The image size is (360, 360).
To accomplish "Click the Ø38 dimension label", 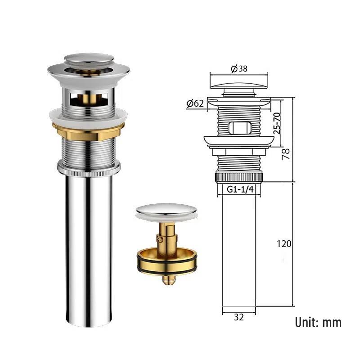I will pos(239,69).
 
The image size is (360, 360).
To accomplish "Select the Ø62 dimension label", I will pos(194,103).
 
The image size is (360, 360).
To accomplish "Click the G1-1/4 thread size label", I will pos(240,189).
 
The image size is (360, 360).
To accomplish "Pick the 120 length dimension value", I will pos(284,244).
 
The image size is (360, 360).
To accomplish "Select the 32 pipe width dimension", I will pos(239,317).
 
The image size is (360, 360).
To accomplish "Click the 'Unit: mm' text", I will pos(318,322).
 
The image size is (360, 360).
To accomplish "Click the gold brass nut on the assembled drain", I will pos(88,131).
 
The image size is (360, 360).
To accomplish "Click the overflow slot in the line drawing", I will pos(239,127).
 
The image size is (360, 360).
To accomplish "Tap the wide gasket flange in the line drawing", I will pos(239,141).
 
